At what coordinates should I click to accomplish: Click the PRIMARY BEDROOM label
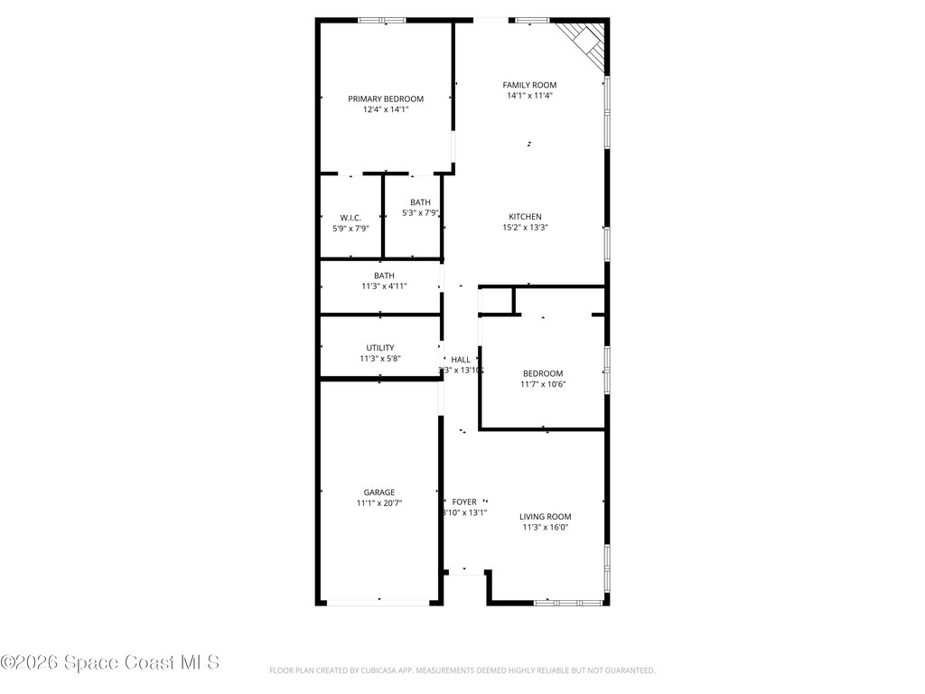[386, 98]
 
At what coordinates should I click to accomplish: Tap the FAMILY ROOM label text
[529, 85]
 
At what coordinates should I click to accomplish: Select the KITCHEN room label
[525, 217]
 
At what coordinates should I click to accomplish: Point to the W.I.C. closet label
[350, 218]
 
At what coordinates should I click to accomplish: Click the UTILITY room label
[379, 348]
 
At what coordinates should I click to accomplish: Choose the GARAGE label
[379, 492]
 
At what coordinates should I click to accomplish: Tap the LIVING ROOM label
[545, 517]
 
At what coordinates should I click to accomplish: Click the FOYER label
[464, 502]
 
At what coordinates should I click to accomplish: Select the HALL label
[461, 360]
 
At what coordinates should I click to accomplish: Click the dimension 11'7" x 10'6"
[543, 384]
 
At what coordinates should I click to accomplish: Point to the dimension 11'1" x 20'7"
[379, 503]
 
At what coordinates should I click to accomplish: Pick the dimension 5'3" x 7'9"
[420, 213]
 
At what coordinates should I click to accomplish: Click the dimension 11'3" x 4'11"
[384, 286]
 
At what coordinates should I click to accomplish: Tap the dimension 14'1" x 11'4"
[529, 96]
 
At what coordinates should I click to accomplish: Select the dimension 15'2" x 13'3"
[525, 228]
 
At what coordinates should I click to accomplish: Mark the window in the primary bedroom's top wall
[381, 20]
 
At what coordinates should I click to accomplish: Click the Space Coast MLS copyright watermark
[110, 662]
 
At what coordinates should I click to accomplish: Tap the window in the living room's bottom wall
[568, 601]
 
